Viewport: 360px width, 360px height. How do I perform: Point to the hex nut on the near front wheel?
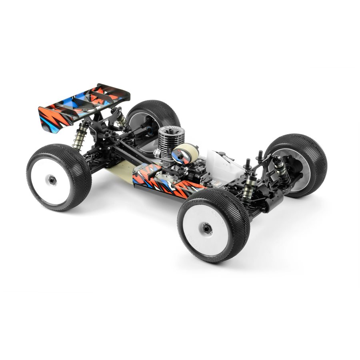(x=207, y=228)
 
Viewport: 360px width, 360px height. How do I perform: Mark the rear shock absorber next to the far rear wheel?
(x=122, y=120)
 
